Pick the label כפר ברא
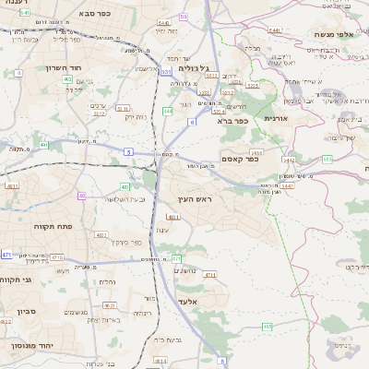pos(234,120)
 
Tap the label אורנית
pos(277,118)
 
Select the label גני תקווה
pos(15,279)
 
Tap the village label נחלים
pos(107,281)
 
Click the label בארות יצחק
pos(103,318)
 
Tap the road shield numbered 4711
pos(209,275)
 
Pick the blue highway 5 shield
pos(128,150)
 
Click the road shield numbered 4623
pos(108,304)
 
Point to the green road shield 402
pos(68,80)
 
